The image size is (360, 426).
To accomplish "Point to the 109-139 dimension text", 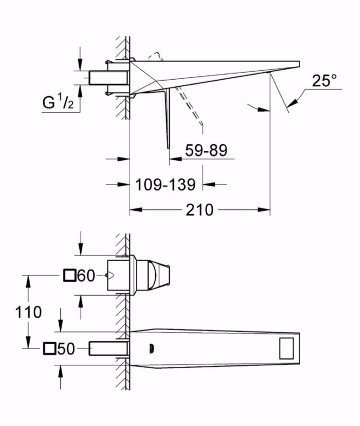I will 165,184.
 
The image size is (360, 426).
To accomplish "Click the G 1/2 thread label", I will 57,102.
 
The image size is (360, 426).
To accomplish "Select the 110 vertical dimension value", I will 28,312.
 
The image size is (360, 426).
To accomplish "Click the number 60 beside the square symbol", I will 86,275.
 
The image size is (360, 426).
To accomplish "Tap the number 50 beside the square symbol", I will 65,348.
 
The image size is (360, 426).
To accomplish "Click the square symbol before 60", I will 69,275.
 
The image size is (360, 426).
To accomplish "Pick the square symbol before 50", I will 49,348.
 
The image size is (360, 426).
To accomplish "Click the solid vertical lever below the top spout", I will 167,119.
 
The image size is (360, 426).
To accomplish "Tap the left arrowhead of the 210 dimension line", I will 135,210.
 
